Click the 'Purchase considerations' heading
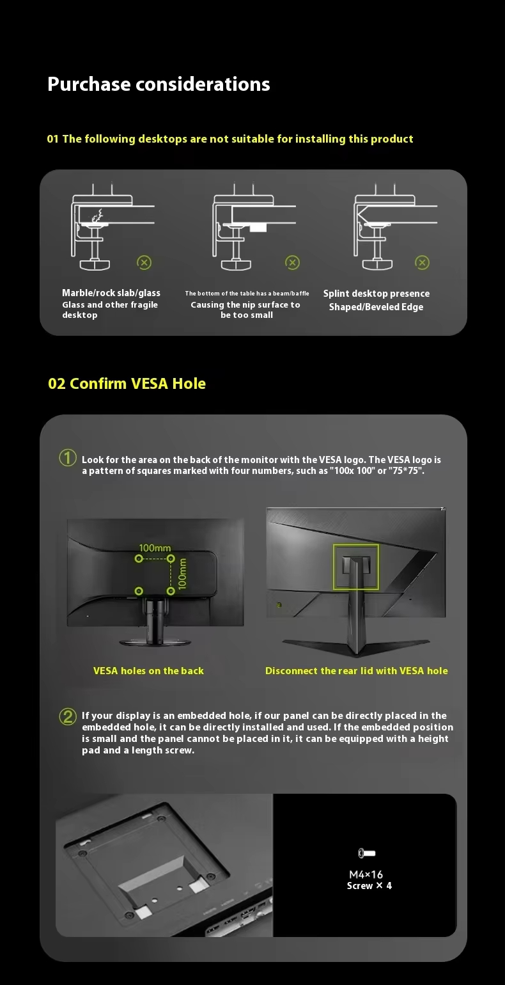coord(159,84)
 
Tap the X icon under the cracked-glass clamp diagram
coord(144,262)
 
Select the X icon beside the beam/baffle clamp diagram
coord(292,262)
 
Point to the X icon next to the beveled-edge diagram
coord(422,262)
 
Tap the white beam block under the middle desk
coord(258,228)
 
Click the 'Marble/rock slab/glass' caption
coord(111,293)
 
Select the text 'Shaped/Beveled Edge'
coord(377,307)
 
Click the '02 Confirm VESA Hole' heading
coord(127,384)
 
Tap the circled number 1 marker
coord(68,458)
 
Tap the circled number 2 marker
coord(68,717)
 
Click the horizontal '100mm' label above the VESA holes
coord(155,548)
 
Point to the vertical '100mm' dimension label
coord(182,573)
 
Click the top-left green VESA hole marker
coord(139,558)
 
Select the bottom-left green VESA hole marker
coord(139,591)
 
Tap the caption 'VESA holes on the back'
coord(148,670)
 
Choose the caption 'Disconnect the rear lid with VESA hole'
coord(357,670)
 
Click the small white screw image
coord(366,853)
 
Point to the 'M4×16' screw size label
coord(366,874)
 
